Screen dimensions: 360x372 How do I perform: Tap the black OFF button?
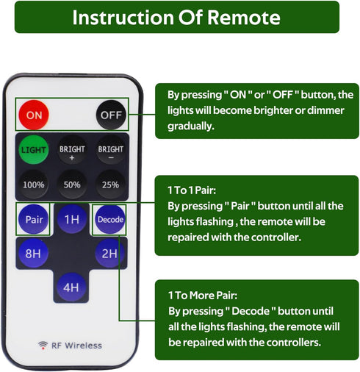(x=111, y=115)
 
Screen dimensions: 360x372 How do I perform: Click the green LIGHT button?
(x=34, y=149)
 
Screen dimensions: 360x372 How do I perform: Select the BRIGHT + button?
(x=72, y=150)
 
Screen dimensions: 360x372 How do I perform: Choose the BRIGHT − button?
(x=110, y=150)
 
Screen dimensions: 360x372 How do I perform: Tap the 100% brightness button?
(x=34, y=185)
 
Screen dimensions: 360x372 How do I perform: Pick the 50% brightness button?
(x=72, y=185)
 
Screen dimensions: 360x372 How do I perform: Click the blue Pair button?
(x=34, y=219)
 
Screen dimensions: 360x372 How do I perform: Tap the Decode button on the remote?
(x=110, y=219)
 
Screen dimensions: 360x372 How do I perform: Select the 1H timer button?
(x=72, y=219)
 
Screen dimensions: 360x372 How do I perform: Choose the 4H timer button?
(x=71, y=287)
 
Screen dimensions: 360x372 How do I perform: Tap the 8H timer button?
(x=33, y=253)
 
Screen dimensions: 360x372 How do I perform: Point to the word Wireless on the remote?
(x=83, y=346)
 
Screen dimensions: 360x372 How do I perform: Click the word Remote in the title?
(x=244, y=18)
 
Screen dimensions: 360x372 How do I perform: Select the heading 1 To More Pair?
(x=203, y=296)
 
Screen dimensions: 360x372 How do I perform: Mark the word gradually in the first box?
(x=191, y=126)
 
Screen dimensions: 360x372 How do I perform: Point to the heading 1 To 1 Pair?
(x=192, y=190)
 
